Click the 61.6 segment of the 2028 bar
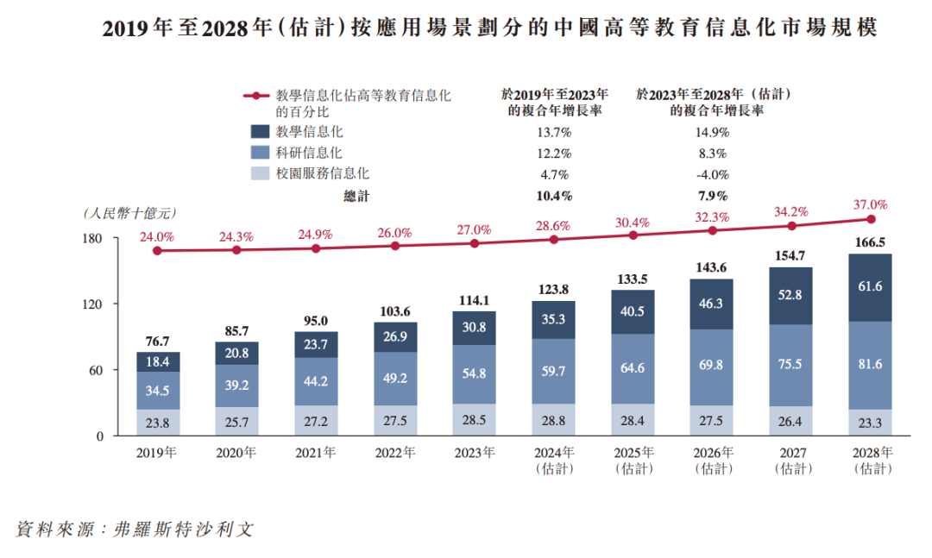869,287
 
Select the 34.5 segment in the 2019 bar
157,391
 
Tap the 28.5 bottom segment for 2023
474,420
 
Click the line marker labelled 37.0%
869,219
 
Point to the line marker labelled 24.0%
157,251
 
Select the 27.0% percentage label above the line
474,229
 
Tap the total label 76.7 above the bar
157,342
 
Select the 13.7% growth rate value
553,132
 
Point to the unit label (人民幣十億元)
129,212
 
